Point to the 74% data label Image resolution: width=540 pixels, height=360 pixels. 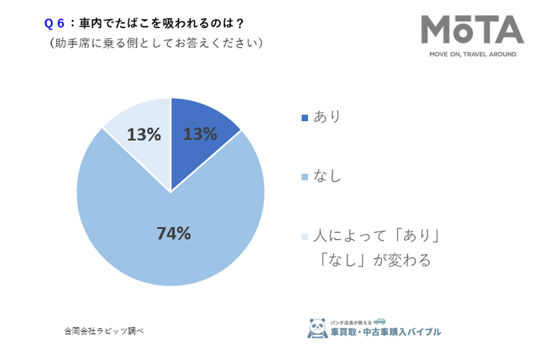(173, 234)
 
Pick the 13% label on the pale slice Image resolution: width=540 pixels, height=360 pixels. (144, 135)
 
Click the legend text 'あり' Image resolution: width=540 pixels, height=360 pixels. (328, 117)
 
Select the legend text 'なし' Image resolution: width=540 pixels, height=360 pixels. (328, 177)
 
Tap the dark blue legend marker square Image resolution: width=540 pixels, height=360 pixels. (306, 118)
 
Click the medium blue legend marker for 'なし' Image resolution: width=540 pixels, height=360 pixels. (306, 177)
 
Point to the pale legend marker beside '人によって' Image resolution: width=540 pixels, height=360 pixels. (306, 237)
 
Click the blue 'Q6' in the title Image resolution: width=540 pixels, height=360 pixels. (57, 24)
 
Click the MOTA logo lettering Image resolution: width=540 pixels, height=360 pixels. (472, 30)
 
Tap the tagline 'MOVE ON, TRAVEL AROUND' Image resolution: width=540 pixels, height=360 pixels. (472, 55)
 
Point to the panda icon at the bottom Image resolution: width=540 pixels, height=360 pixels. (317, 327)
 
